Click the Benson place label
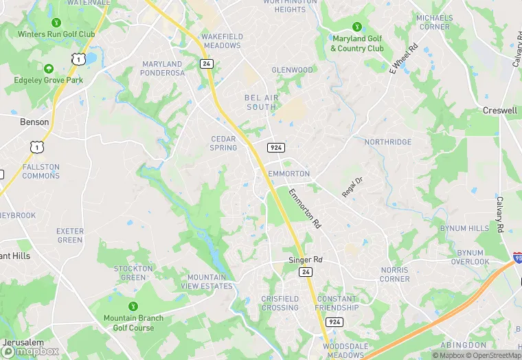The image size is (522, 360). (x=34, y=122)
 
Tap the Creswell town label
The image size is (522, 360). (x=500, y=110)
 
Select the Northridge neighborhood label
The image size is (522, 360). (x=388, y=142)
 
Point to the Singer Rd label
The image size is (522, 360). (x=305, y=260)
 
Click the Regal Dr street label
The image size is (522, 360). (x=352, y=185)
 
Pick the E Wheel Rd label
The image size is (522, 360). (x=404, y=58)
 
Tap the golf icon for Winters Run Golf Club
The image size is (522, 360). (x=48, y=23)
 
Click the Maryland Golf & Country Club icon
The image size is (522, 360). (x=357, y=27)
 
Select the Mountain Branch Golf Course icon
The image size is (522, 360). (x=133, y=306)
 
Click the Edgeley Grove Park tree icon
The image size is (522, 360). (x=48, y=69)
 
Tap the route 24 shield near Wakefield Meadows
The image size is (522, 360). (x=206, y=63)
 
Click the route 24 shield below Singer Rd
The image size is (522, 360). (x=305, y=272)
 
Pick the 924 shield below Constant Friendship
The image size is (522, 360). (x=334, y=322)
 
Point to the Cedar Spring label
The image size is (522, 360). (x=223, y=143)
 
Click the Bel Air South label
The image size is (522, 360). (x=262, y=102)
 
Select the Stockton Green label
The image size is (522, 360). (x=133, y=273)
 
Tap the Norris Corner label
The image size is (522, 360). (x=395, y=275)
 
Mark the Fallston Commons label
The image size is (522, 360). (x=41, y=171)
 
